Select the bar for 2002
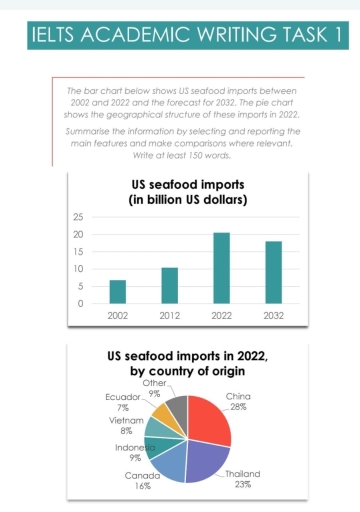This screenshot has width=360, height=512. (x=118, y=291)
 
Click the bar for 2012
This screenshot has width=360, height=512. (x=169, y=285)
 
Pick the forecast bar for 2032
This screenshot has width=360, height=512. (x=273, y=272)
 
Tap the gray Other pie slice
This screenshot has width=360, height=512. (x=177, y=408)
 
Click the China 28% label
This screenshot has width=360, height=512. (x=238, y=401)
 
